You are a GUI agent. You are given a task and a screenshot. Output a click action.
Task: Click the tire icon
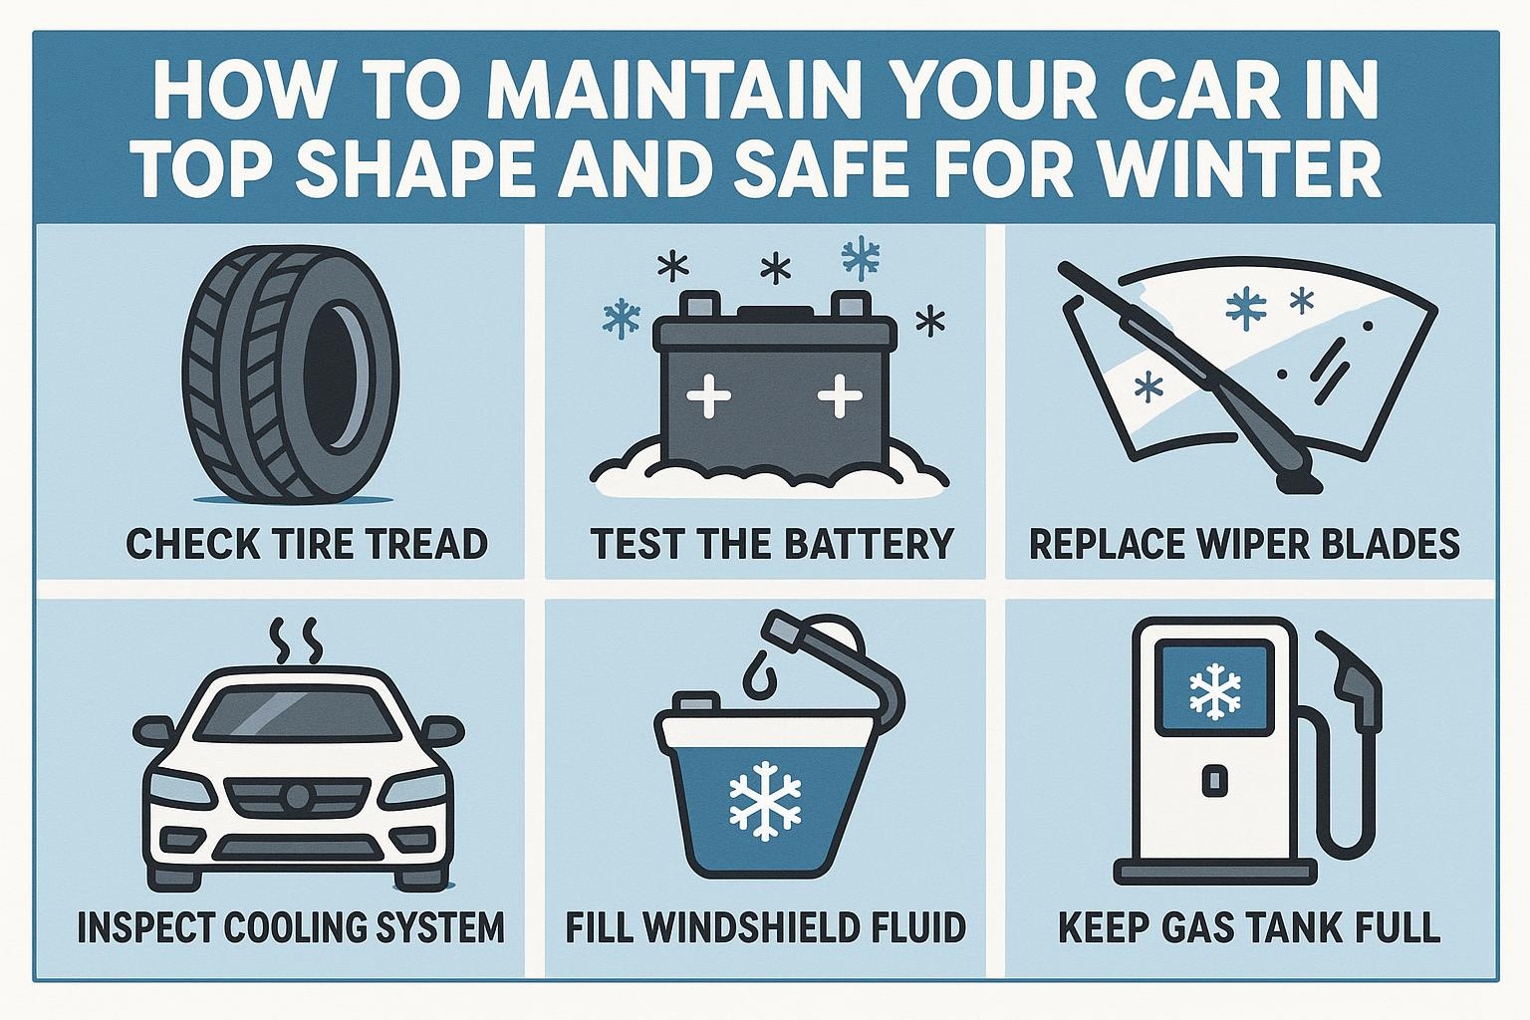tap(291, 375)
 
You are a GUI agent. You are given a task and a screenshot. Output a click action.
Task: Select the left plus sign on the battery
tap(708, 395)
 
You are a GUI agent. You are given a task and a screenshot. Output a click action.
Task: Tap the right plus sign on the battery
tap(840, 395)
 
